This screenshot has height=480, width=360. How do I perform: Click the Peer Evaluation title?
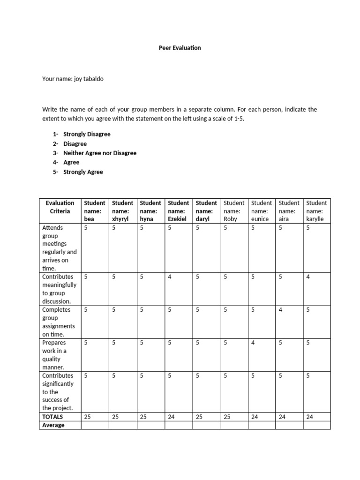pos(180,48)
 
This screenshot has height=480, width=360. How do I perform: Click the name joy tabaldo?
pos(89,79)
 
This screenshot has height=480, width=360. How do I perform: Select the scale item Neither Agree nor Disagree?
pos(100,153)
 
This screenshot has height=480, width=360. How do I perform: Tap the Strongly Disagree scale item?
pos(87,134)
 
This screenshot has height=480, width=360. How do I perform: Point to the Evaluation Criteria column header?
pos(60,207)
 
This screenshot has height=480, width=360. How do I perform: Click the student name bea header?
pos(94,210)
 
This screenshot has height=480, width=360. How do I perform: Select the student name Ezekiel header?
pos(178,210)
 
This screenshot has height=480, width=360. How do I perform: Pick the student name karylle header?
pos(316,210)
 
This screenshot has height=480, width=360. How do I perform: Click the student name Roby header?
pos(233,210)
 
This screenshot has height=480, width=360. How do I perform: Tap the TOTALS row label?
pos(52,416)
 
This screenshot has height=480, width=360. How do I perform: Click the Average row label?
pos(53,425)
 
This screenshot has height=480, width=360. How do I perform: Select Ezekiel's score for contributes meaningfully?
pos(170,277)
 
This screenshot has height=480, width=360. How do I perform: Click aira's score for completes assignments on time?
pos(280,309)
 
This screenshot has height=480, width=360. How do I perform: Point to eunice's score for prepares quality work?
pos(253,343)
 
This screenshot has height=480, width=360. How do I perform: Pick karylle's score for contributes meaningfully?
pos(308,277)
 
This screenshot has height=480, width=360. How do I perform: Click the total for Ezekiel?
pos(171,416)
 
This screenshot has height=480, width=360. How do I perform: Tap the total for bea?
pos(87,416)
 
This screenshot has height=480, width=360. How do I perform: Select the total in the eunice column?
pos(255,416)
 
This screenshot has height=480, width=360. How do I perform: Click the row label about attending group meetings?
pos(60,248)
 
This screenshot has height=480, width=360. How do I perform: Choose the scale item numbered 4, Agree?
pos(71,162)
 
